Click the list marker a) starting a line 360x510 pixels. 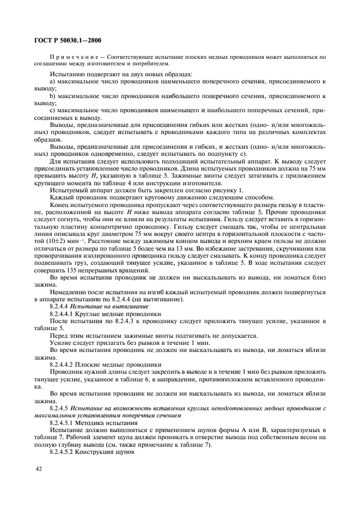click(x=53, y=81)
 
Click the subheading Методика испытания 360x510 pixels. click(x=101, y=422)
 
